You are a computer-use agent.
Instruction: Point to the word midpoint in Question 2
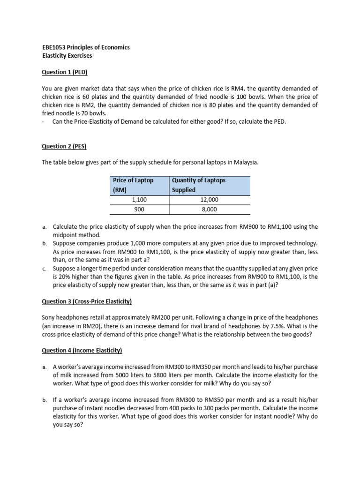pyautogui.click(x=66, y=235)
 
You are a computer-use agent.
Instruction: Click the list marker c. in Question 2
pyautogui.click(x=44, y=268)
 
